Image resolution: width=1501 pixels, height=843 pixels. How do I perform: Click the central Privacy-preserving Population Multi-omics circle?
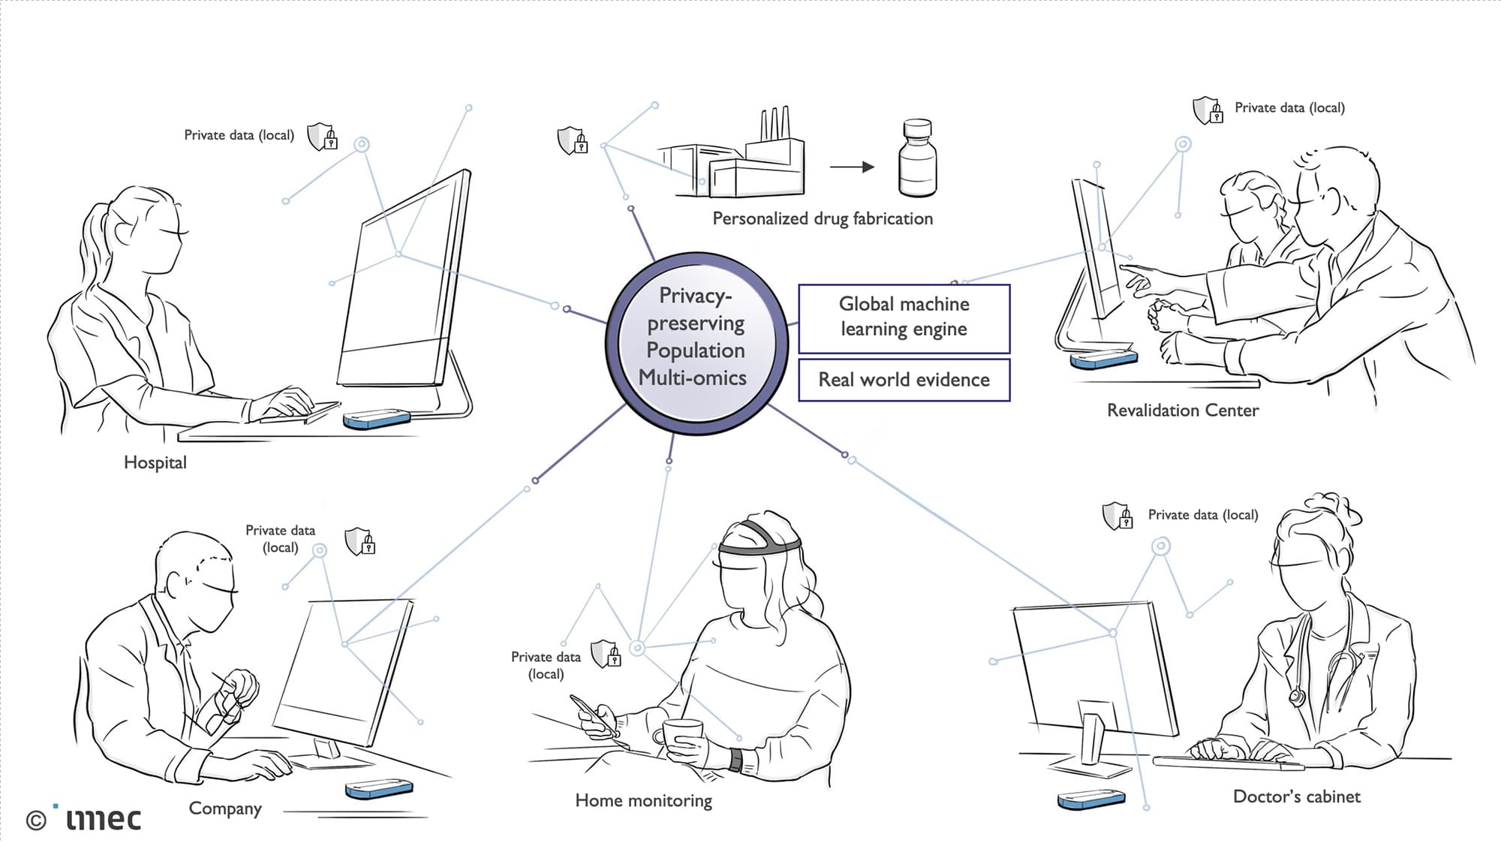(x=696, y=342)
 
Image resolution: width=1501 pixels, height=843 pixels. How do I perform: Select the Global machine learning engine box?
(x=904, y=318)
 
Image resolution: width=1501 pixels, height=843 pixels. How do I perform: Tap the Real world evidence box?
(x=904, y=380)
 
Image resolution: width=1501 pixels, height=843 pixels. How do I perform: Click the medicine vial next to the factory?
(x=917, y=158)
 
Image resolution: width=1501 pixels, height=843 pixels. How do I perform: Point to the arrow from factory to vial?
(x=852, y=167)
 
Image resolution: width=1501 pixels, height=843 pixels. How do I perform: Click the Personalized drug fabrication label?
(x=823, y=218)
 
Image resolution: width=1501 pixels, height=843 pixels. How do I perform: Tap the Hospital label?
(x=155, y=462)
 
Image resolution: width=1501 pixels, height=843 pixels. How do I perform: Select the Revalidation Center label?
(x=1183, y=411)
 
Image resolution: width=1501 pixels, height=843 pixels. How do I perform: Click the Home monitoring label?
(x=643, y=801)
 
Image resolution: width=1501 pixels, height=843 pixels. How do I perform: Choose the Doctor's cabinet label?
(x=1296, y=796)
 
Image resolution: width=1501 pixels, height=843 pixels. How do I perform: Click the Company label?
(x=225, y=808)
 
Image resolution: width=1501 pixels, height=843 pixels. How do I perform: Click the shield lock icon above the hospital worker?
(x=323, y=137)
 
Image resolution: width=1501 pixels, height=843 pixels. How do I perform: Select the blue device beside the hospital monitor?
(x=377, y=419)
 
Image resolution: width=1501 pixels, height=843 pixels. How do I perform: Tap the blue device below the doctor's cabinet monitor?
(x=1091, y=799)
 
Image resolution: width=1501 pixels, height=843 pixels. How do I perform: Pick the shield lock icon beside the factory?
(x=573, y=140)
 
